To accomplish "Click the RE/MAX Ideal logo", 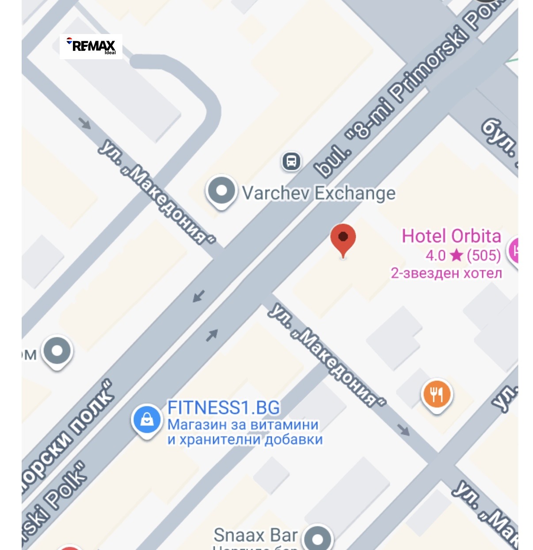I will coord(91,46).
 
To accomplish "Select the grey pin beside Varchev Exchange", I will coord(221,191).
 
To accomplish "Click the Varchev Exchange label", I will coord(319,193).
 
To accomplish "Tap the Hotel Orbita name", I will coord(451,236).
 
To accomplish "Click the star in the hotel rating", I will coord(456,255).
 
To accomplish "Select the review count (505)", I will coord(484,255).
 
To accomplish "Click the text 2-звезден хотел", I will coord(446,273).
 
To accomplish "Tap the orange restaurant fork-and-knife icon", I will coord(437,394).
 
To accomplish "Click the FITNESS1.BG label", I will coord(224,407).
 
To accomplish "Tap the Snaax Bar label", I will coord(255,535).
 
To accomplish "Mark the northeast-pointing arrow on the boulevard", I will coord(212,335).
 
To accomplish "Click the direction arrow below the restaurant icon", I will coord(403,429).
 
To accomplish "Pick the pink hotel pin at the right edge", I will coord(514,250).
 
